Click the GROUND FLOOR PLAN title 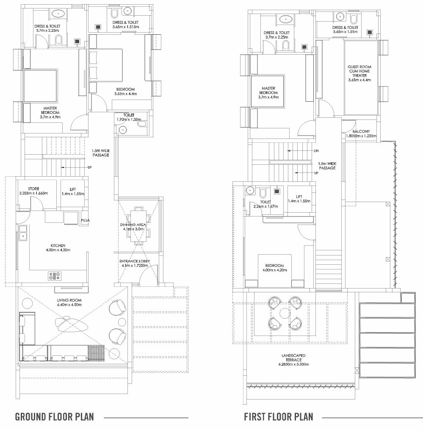point(54,417)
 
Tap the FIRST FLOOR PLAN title point(278,417)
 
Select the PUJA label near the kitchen point(85,220)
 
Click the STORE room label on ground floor point(33,189)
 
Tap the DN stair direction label point(316,151)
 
